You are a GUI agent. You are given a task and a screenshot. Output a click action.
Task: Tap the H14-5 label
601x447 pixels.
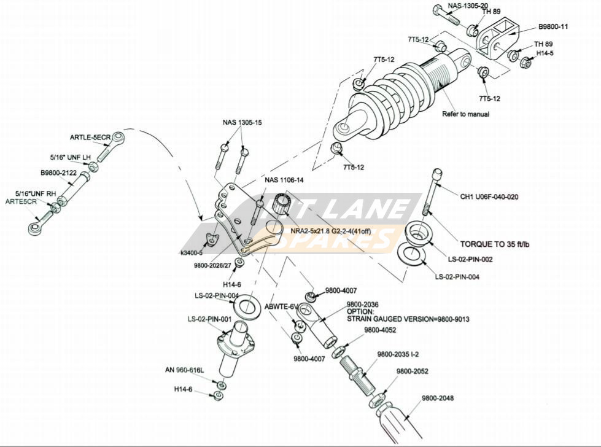[545, 53]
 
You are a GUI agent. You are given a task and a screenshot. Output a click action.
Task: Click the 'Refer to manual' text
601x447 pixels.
[466, 114]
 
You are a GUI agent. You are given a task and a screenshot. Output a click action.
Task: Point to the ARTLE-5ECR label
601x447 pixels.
[90, 138]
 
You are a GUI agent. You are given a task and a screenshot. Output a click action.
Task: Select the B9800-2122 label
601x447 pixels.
[59, 173]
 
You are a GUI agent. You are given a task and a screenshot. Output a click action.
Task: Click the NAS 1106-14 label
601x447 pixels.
[283, 180]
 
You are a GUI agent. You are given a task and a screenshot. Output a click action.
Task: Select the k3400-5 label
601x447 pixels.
[192, 252]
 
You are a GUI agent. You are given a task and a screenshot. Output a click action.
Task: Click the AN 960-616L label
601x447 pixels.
[184, 370]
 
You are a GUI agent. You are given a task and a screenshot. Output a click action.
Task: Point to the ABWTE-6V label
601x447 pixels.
[281, 306]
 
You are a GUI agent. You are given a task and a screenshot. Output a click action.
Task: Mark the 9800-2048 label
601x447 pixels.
[438, 398]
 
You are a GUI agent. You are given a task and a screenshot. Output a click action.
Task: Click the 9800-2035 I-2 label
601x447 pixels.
[398, 354]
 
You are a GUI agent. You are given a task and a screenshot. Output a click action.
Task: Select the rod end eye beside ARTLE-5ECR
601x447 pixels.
[118, 136]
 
